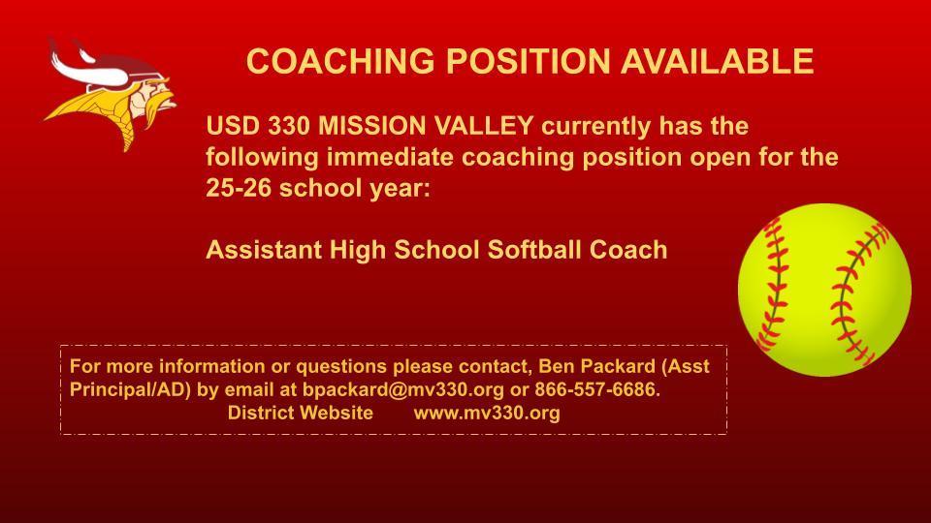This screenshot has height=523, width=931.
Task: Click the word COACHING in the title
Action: (x=340, y=61)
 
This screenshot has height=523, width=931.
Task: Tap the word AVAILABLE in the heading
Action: (x=717, y=61)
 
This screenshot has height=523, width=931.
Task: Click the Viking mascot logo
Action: (x=111, y=94)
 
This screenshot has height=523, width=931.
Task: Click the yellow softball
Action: (x=824, y=290)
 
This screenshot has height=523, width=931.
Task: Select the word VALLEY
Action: (x=484, y=126)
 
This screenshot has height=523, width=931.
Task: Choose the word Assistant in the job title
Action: (x=264, y=250)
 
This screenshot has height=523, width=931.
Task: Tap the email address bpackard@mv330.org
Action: (x=403, y=389)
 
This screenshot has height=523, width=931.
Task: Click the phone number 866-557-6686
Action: (x=597, y=389)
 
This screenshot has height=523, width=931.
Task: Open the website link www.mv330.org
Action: (x=487, y=413)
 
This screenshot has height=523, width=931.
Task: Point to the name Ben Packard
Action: (x=596, y=366)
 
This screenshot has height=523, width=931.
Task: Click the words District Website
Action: (x=301, y=413)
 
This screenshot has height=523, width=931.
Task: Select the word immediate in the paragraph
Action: (x=390, y=157)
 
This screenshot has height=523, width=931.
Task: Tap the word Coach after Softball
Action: (x=628, y=250)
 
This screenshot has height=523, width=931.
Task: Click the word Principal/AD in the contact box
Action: (x=129, y=389)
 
